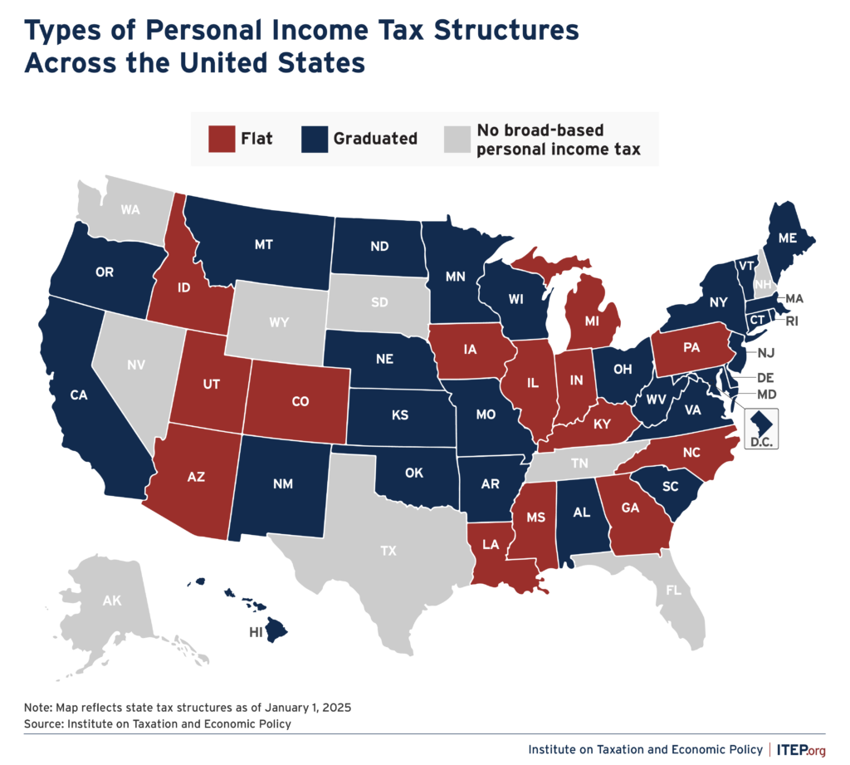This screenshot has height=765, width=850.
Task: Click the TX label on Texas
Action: [x=388, y=551]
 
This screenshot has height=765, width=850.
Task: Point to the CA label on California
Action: [x=79, y=395]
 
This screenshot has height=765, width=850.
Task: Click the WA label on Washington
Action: [x=129, y=209]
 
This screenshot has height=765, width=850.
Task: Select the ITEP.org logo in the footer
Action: [x=802, y=749]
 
